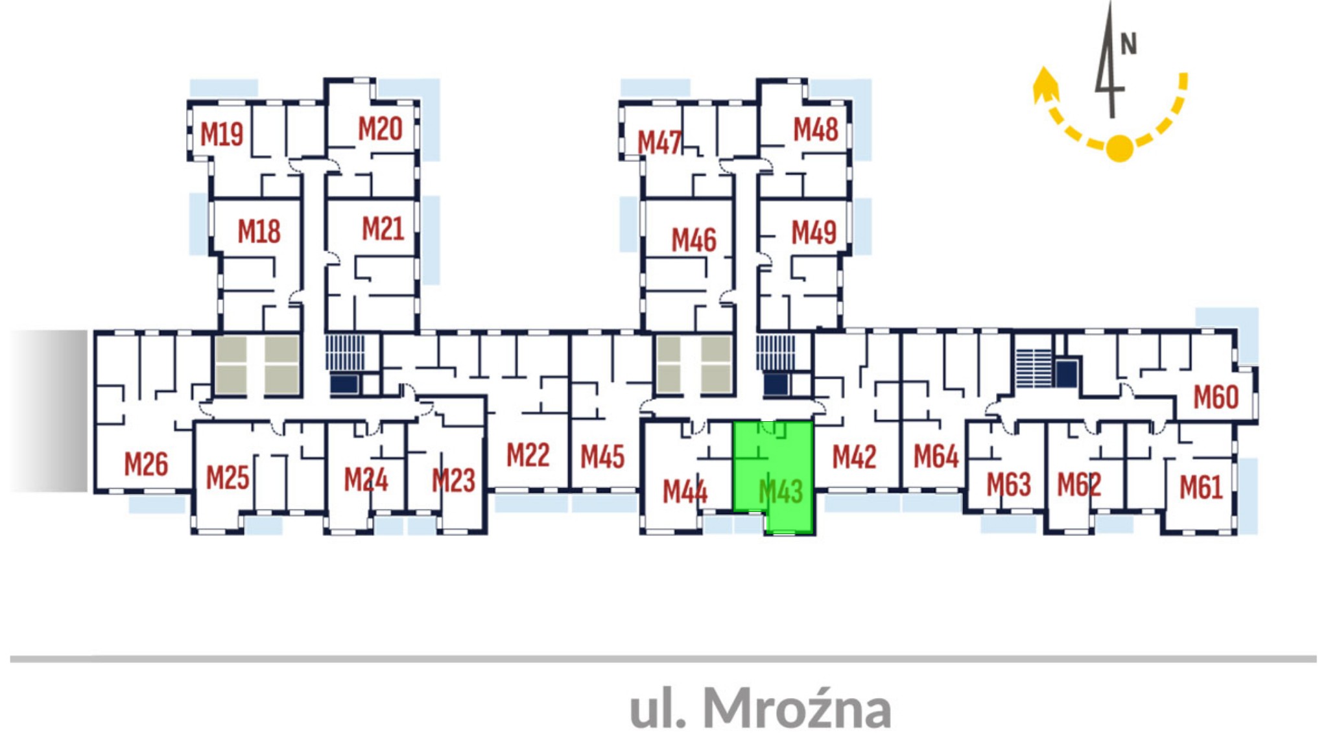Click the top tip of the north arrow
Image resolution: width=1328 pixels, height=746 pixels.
tap(1110, 2)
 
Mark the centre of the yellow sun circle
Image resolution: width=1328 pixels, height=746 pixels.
tap(1119, 148)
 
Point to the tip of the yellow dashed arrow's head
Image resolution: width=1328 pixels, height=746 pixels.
tap(1043, 67)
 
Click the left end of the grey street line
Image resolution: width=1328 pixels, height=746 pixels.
tap(11, 659)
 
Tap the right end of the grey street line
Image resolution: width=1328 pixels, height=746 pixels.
tap(1316, 659)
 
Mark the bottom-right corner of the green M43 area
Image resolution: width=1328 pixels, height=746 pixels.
tap(813, 533)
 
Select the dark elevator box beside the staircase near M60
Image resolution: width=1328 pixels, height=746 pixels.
tap(1067, 373)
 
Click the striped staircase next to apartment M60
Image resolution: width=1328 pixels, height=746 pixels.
tap(1034, 368)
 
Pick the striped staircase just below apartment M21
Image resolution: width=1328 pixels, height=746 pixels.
tap(345, 353)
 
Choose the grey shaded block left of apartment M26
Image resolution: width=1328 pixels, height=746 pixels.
tap(49, 411)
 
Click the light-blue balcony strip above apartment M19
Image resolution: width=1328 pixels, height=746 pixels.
tap(224, 88)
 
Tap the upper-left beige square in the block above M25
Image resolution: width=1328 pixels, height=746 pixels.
tap(231, 350)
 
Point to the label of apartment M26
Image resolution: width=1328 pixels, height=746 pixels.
tap(146, 464)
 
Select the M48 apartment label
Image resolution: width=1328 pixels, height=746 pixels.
tap(816, 130)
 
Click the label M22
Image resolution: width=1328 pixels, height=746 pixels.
tap(528, 455)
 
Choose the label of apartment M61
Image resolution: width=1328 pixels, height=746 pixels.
tap(1201, 487)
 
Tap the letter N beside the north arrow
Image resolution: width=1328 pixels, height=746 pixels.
tap(1129, 44)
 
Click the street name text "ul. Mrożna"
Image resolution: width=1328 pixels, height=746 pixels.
tap(761, 707)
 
